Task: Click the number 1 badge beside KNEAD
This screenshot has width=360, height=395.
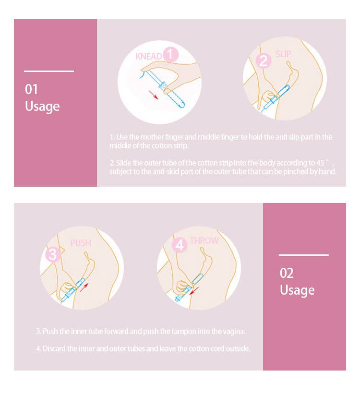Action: point(170,55)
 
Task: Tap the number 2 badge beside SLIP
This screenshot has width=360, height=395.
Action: point(263,61)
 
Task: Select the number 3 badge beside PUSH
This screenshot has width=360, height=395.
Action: point(53,254)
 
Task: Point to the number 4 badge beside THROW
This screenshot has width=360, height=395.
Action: point(180,245)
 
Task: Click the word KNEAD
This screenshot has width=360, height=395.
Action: point(149,57)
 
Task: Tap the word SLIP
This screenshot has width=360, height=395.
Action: point(283,54)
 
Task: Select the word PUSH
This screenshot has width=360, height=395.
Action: point(81,243)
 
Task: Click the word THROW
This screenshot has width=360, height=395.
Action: point(204,240)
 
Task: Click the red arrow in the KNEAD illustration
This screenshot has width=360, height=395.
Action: point(154,95)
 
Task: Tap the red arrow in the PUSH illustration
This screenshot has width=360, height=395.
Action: point(84,287)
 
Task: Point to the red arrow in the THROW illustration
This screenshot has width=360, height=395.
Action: point(194,291)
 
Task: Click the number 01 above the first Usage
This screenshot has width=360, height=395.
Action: point(31,89)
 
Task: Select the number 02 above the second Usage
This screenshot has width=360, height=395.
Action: point(287,273)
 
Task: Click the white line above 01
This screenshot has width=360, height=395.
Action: point(49,72)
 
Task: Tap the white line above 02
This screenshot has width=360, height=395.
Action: point(303,255)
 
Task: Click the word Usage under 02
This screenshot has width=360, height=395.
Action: point(297,290)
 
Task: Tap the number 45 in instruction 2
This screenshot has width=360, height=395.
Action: point(320,163)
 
